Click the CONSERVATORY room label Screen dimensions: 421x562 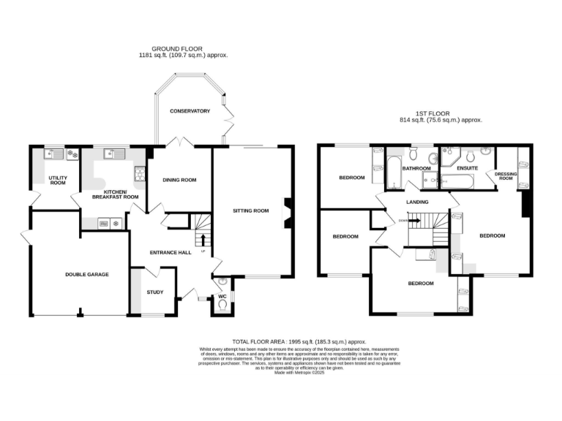click(190, 111)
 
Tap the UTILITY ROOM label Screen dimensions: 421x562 click(57, 181)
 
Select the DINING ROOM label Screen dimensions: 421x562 click(179, 180)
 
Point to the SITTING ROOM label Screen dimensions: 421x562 click(250, 210)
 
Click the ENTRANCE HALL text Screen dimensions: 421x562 click(171, 253)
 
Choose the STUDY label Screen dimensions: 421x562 click(154, 292)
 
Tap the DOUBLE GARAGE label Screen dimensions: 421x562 click(86, 274)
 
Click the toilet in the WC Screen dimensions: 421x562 click(222, 306)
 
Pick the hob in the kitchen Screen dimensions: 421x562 click(139, 173)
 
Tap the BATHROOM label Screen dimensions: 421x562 click(415, 168)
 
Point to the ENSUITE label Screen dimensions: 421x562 click(467, 168)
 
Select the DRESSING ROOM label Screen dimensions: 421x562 click(506, 175)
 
